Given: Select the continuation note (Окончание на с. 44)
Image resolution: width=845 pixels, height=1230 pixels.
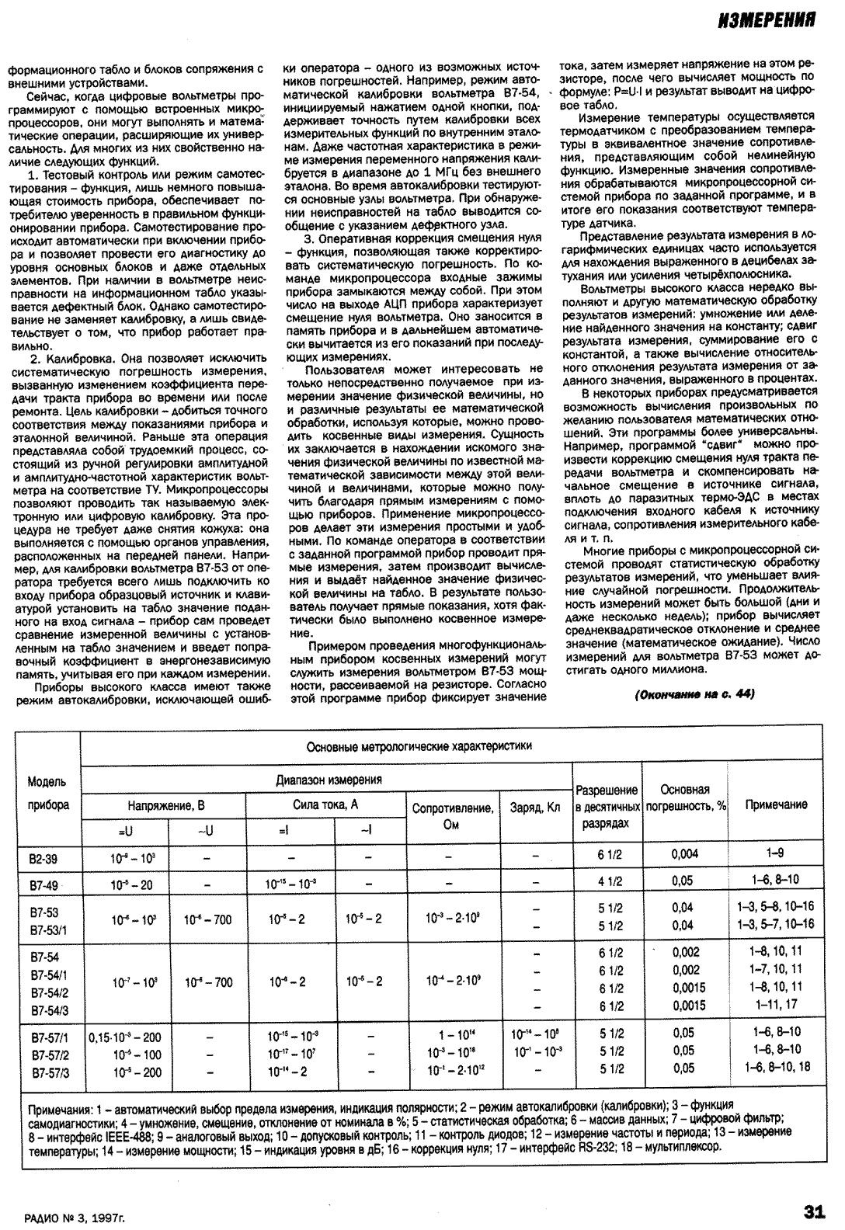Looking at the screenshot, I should click(694, 694).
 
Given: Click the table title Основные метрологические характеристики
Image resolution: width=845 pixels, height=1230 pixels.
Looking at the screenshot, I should click(419, 746).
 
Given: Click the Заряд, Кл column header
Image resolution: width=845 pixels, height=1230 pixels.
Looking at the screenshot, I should click(535, 808).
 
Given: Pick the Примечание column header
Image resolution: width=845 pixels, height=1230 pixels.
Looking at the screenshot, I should click(776, 805).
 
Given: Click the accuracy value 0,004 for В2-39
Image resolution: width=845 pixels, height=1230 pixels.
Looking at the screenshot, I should click(684, 854).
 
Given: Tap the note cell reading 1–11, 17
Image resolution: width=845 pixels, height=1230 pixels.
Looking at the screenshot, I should click(776, 1004).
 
